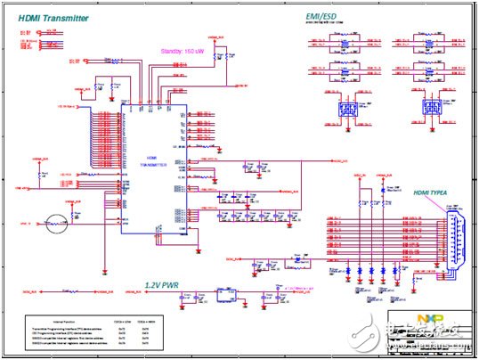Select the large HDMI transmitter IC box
(x=153, y=166)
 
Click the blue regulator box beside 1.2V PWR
(x=223, y=296)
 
